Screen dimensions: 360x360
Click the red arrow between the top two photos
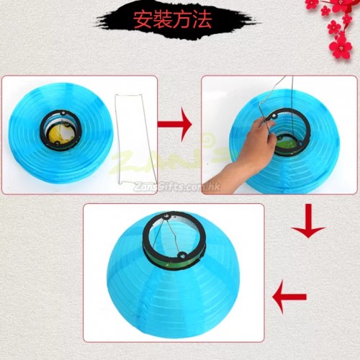175,125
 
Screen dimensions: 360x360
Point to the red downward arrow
308,221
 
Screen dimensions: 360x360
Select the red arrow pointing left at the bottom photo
289,297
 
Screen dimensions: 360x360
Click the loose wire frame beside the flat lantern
135,139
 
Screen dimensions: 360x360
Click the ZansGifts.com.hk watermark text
176,186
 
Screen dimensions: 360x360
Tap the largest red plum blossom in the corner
341,47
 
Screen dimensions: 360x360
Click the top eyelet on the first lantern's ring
63,112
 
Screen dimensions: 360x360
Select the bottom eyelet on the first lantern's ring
57,143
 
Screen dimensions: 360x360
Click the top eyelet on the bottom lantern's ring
166,217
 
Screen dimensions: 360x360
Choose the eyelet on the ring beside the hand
274,117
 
